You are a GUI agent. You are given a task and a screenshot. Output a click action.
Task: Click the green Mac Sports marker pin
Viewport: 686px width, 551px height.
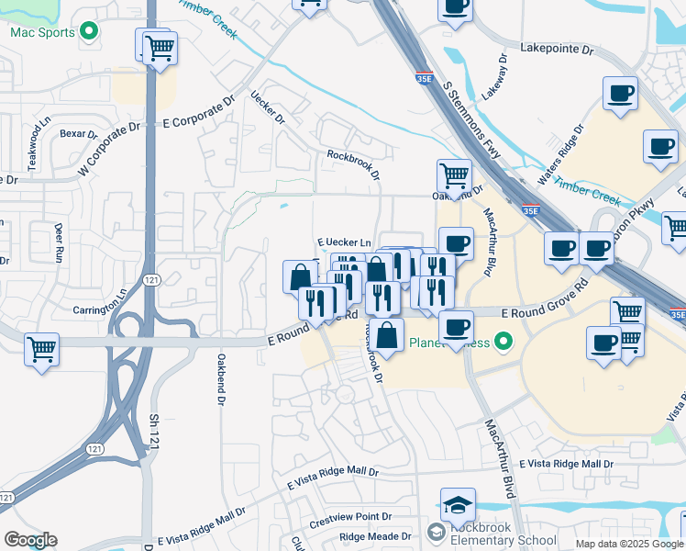[89, 32]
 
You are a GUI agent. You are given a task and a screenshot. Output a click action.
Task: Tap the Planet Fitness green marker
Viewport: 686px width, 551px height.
[502, 343]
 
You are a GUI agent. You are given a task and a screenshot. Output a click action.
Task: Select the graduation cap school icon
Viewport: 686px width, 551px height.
[458, 504]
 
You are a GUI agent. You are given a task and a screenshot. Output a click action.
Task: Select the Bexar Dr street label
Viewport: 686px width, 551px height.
[78, 134]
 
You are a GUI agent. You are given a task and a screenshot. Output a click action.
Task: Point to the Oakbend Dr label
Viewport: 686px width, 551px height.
[221, 377]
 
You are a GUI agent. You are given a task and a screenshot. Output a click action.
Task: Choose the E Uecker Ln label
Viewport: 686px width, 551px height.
[345, 242]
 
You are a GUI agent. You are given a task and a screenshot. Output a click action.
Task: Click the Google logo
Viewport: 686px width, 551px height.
[30, 540]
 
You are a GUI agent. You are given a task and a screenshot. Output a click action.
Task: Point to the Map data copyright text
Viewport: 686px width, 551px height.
[629, 544]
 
